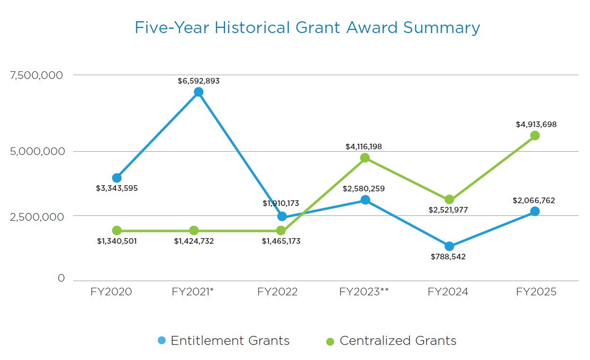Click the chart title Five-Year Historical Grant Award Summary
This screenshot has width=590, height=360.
[x=307, y=28]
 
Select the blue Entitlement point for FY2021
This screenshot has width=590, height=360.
[x=199, y=92]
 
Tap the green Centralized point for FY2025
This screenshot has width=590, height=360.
[x=535, y=136]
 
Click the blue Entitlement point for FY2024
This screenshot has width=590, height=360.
[x=449, y=246]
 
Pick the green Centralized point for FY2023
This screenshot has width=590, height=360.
[x=365, y=158]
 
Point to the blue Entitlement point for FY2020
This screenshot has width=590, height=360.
[x=117, y=178]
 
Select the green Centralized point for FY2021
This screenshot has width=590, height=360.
[x=194, y=231]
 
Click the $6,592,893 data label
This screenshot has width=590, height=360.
[x=199, y=81]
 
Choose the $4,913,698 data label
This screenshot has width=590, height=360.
[x=536, y=125]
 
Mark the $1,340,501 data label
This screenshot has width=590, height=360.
[x=116, y=241]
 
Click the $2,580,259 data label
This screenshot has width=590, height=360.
[x=364, y=189]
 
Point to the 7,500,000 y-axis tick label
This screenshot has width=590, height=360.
[x=37, y=75]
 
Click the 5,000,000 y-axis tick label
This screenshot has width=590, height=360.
[x=37, y=152]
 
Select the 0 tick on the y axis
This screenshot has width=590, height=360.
[x=61, y=278]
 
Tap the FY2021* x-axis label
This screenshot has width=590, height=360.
[x=193, y=292]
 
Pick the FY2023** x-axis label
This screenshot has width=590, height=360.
[x=364, y=292]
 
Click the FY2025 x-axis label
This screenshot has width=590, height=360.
[x=536, y=292]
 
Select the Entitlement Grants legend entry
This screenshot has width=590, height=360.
[x=223, y=341]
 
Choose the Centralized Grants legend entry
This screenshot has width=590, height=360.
[x=391, y=341]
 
